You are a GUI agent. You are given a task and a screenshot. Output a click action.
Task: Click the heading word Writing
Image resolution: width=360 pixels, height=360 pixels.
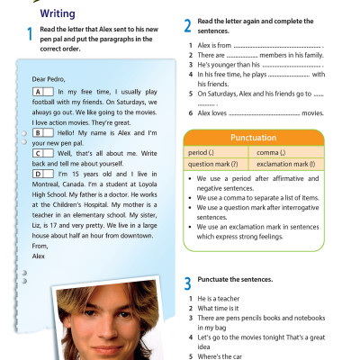click(54, 13)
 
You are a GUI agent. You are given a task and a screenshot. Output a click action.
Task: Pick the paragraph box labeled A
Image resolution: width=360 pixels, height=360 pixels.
click(40, 93)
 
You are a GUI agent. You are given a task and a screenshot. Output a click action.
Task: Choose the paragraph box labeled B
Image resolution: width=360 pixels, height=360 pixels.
click(40, 131)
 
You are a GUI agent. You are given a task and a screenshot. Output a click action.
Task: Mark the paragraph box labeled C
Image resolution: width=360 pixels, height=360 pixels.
click(40, 151)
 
